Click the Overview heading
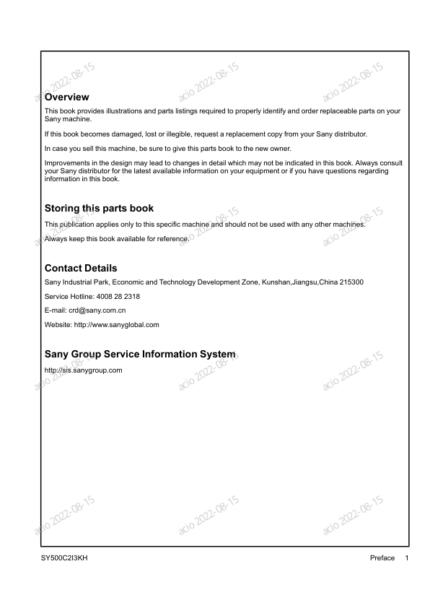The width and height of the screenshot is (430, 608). [66, 97]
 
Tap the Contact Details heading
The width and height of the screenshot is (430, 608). [81, 268]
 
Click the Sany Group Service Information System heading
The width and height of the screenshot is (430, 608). [139, 354]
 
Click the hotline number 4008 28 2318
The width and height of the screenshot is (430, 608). [117, 296]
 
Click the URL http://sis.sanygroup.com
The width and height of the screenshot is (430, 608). [83, 370]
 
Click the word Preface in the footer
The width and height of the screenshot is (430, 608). [382, 558]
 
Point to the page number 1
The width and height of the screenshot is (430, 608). [407, 558]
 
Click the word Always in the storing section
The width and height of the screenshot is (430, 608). [55, 238]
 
